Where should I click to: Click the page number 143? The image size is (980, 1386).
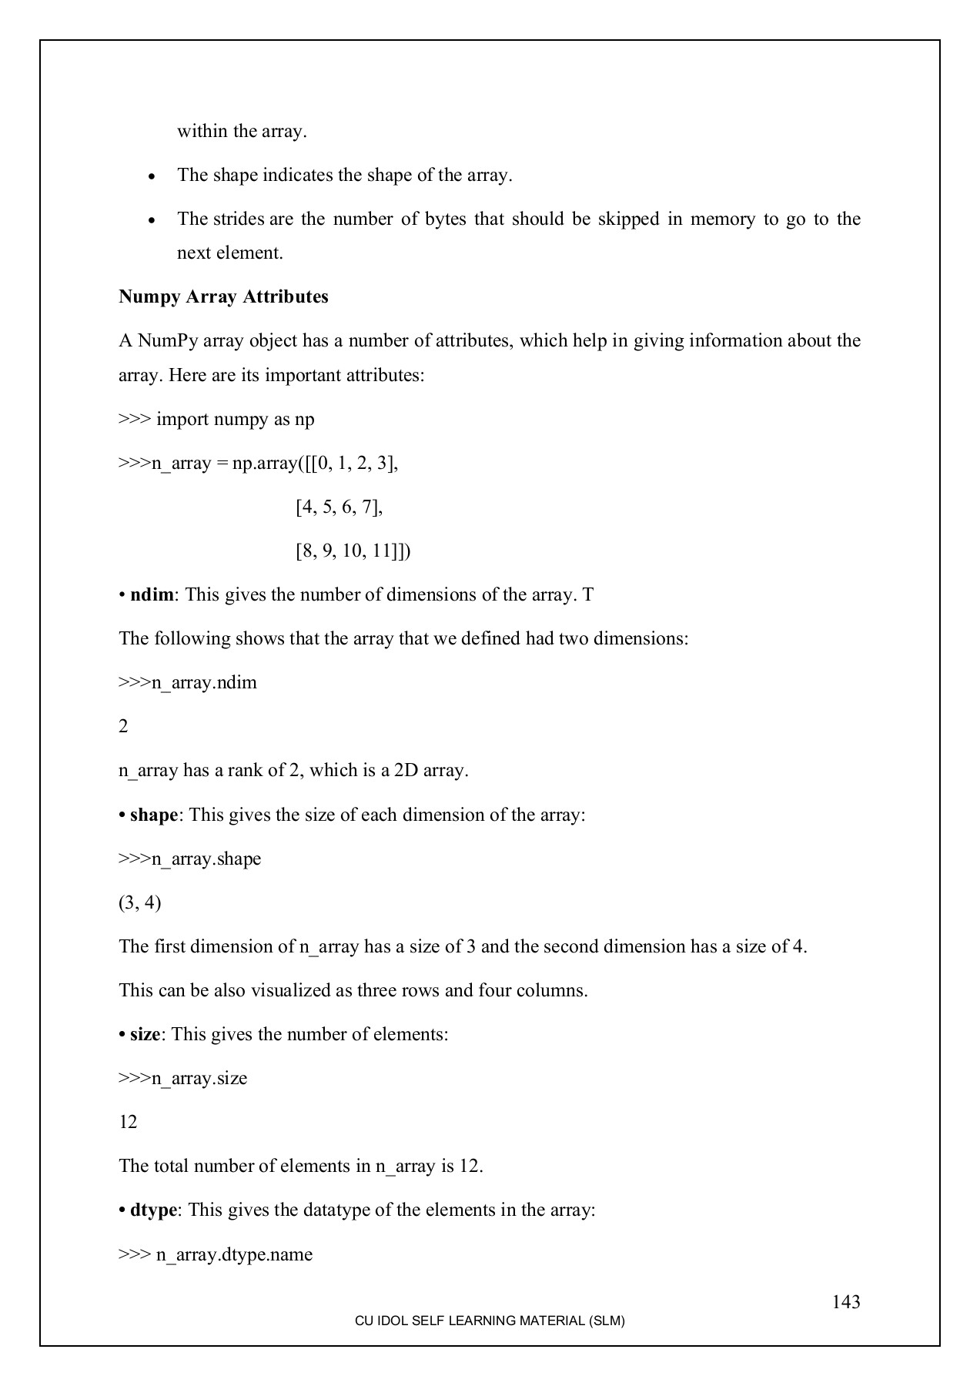pyautogui.click(x=845, y=1302)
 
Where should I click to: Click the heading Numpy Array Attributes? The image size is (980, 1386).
pyautogui.click(x=223, y=297)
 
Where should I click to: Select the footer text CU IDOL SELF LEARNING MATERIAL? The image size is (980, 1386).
pyautogui.click(x=490, y=1321)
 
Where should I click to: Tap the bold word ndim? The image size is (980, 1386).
pyautogui.click(x=152, y=595)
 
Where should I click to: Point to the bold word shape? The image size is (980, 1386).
pyautogui.click(x=154, y=815)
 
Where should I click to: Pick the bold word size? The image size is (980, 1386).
pyautogui.click(x=145, y=1034)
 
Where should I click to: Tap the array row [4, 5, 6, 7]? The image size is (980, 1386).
pyautogui.click(x=339, y=507)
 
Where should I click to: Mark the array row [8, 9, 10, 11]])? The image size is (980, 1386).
pyautogui.click(x=353, y=551)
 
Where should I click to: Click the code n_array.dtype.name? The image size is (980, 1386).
pyautogui.click(x=234, y=1255)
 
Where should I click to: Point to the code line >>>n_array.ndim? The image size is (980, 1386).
pyautogui.click(x=188, y=683)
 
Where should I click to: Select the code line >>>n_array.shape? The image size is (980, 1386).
pyautogui.click(x=190, y=859)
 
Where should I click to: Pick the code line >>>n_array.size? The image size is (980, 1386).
pyautogui.click(x=183, y=1079)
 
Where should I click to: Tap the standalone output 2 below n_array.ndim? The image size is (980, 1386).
pyautogui.click(x=123, y=727)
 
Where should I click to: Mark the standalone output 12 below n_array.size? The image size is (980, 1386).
pyautogui.click(x=128, y=1123)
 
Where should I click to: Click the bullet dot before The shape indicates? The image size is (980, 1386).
pyautogui.click(x=152, y=176)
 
